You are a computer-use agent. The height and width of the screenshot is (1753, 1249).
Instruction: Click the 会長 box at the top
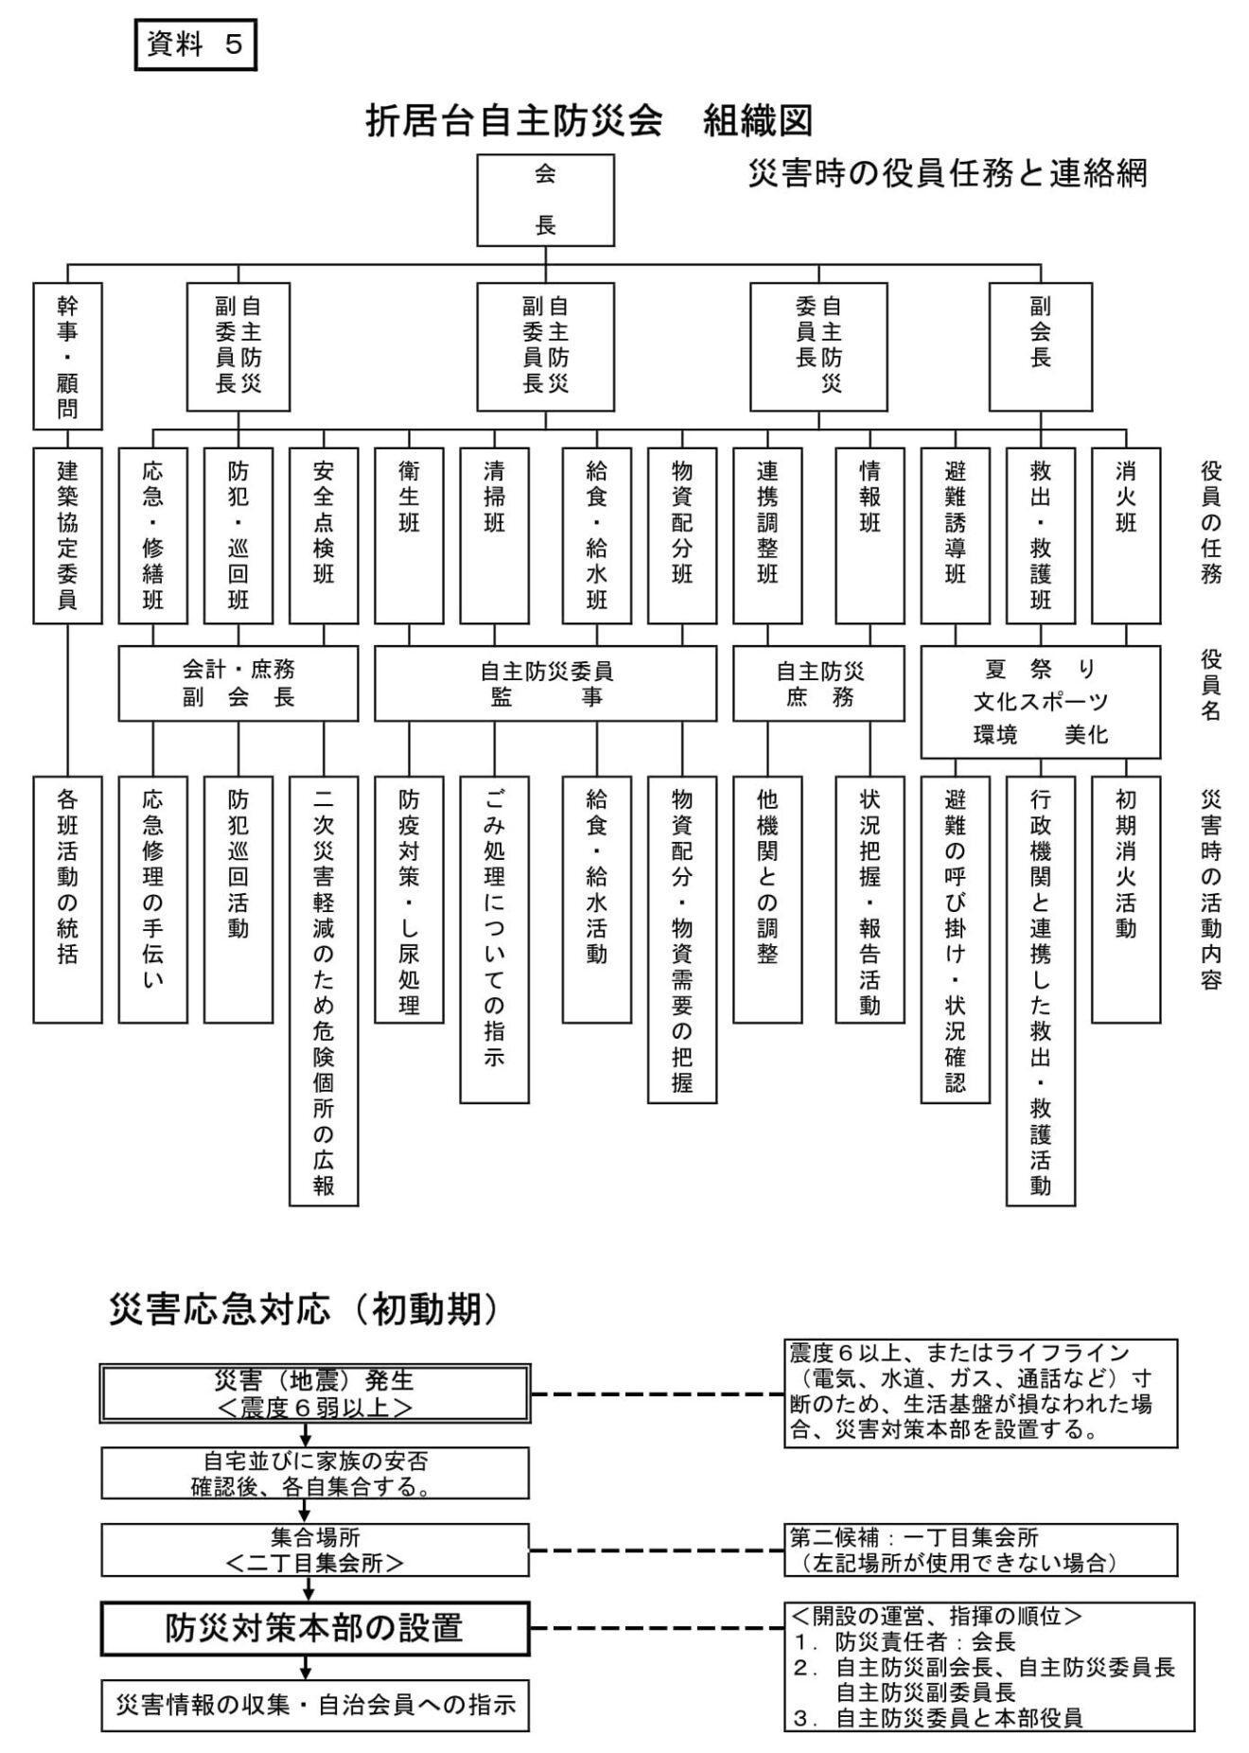click(545, 201)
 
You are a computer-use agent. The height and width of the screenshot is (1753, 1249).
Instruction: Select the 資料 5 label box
click(196, 45)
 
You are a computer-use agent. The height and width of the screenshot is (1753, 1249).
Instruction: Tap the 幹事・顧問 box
click(67, 357)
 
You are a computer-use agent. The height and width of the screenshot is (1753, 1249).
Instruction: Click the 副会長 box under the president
click(1040, 347)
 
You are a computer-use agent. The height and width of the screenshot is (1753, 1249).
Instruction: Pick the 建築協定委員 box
click(67, 535)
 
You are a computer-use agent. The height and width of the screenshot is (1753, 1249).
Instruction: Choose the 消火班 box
click(1125, 535)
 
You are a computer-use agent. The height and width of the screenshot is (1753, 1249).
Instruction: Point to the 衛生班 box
click(409, 535)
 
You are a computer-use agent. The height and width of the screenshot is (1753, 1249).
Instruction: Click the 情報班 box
click(870, 535)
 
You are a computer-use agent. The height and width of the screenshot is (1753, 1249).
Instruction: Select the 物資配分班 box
click(681, 535)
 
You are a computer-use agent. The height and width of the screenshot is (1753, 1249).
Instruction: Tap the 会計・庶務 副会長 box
click(238, 683)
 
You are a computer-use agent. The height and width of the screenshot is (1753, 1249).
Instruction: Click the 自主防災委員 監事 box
click(545, 683)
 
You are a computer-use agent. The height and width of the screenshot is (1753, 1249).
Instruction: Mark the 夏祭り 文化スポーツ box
click(1040, 702)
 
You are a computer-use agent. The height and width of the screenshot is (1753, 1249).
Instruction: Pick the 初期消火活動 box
click(1125, 899)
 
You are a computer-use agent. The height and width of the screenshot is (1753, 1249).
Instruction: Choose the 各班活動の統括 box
click(67, 899)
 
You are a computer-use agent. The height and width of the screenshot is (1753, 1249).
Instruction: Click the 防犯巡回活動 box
click(238, 899)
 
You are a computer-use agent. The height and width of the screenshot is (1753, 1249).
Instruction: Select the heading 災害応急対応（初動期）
click(303, 1309)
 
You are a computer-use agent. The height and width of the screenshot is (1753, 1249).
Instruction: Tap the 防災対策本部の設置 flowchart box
click(315, 1628)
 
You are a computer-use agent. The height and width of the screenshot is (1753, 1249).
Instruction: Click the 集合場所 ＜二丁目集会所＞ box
click(315, 1550)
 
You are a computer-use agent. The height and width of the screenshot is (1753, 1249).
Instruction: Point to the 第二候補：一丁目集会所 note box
click(980, 1550)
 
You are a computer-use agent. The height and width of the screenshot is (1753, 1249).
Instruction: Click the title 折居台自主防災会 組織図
click(589, 121)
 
